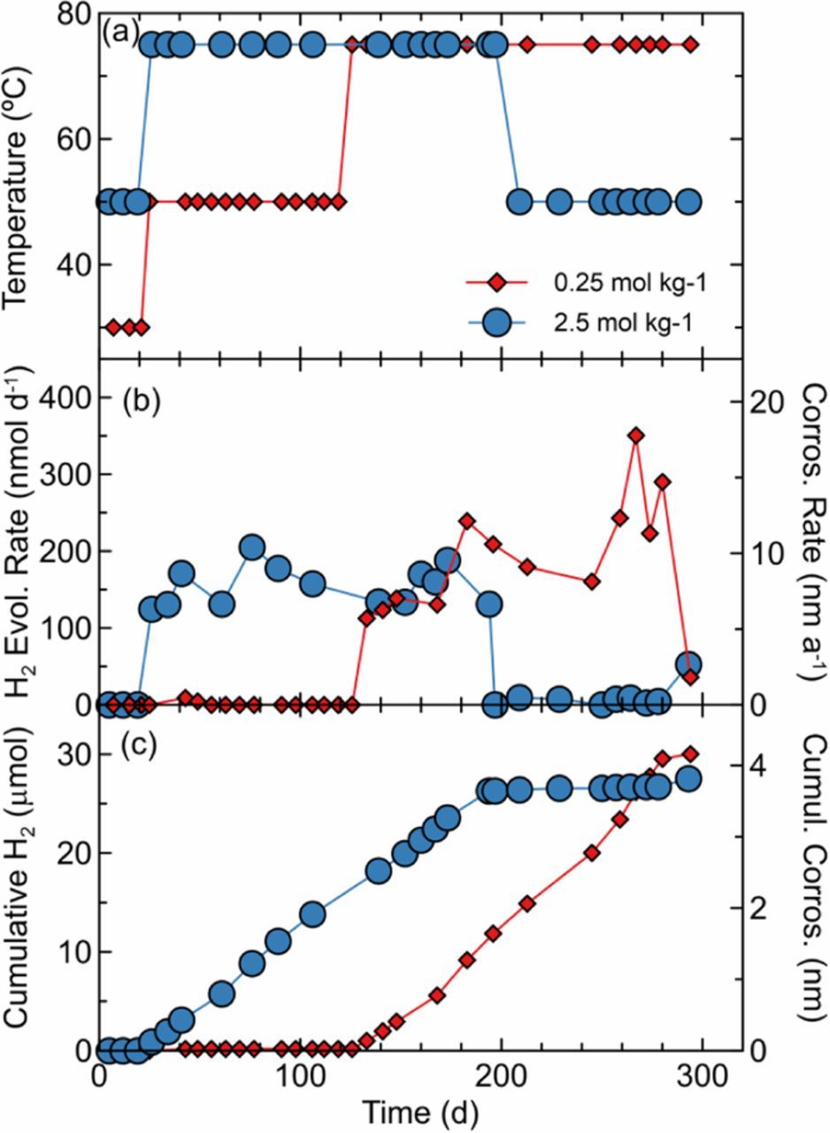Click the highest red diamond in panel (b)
(635, 435)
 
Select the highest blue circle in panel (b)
(252, 548)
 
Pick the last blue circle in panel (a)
(688, 201)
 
